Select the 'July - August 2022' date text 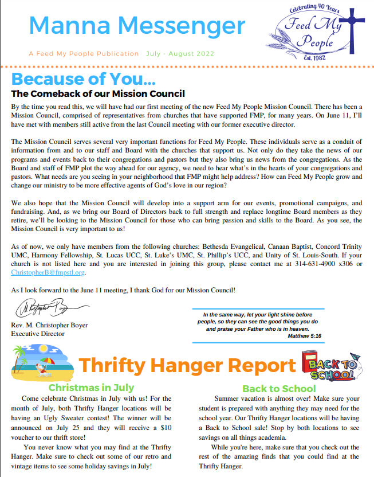pos(180,54)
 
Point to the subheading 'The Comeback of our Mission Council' pos(98,93)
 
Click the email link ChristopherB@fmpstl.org pos(48,273)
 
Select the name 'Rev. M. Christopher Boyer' pos(49,325)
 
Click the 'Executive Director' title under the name pos(38,334)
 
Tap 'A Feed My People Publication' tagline pos(84,54)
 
